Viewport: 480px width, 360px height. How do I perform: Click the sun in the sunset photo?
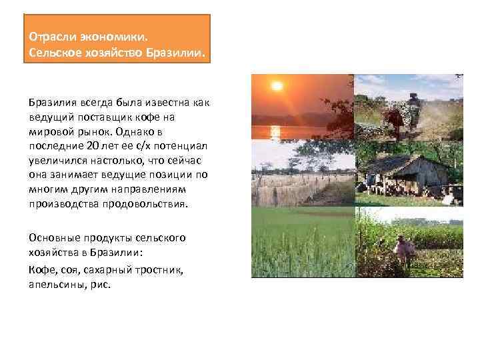pyautogui.click(x=277, y=87)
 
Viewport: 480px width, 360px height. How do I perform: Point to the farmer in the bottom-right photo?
pyautogui.click(x=403, y=250)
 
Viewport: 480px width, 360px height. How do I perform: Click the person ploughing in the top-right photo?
pyautogui.click(x=414, y=107)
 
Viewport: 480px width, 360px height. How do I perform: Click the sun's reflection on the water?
pyautogui.click(x=277, y=131)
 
